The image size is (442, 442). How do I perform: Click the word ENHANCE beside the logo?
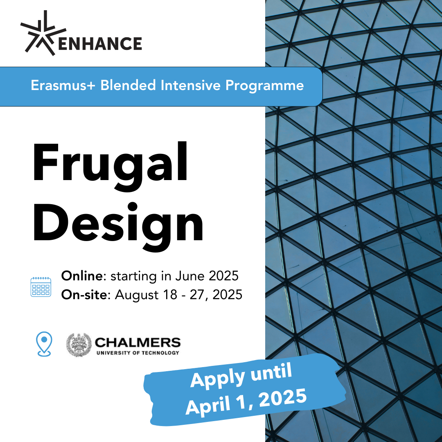(x=100, y=43)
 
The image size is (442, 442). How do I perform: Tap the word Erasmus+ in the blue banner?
(x=63, y=86)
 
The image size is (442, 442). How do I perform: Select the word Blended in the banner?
(x=128, y=86)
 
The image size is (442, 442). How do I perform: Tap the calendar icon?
(x=41, y=286)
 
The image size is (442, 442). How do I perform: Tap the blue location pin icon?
(x=43, y=344)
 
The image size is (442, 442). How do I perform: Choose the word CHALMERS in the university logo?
(x=137, y=342)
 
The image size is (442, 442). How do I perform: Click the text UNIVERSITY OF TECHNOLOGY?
(x=137, y=352)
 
